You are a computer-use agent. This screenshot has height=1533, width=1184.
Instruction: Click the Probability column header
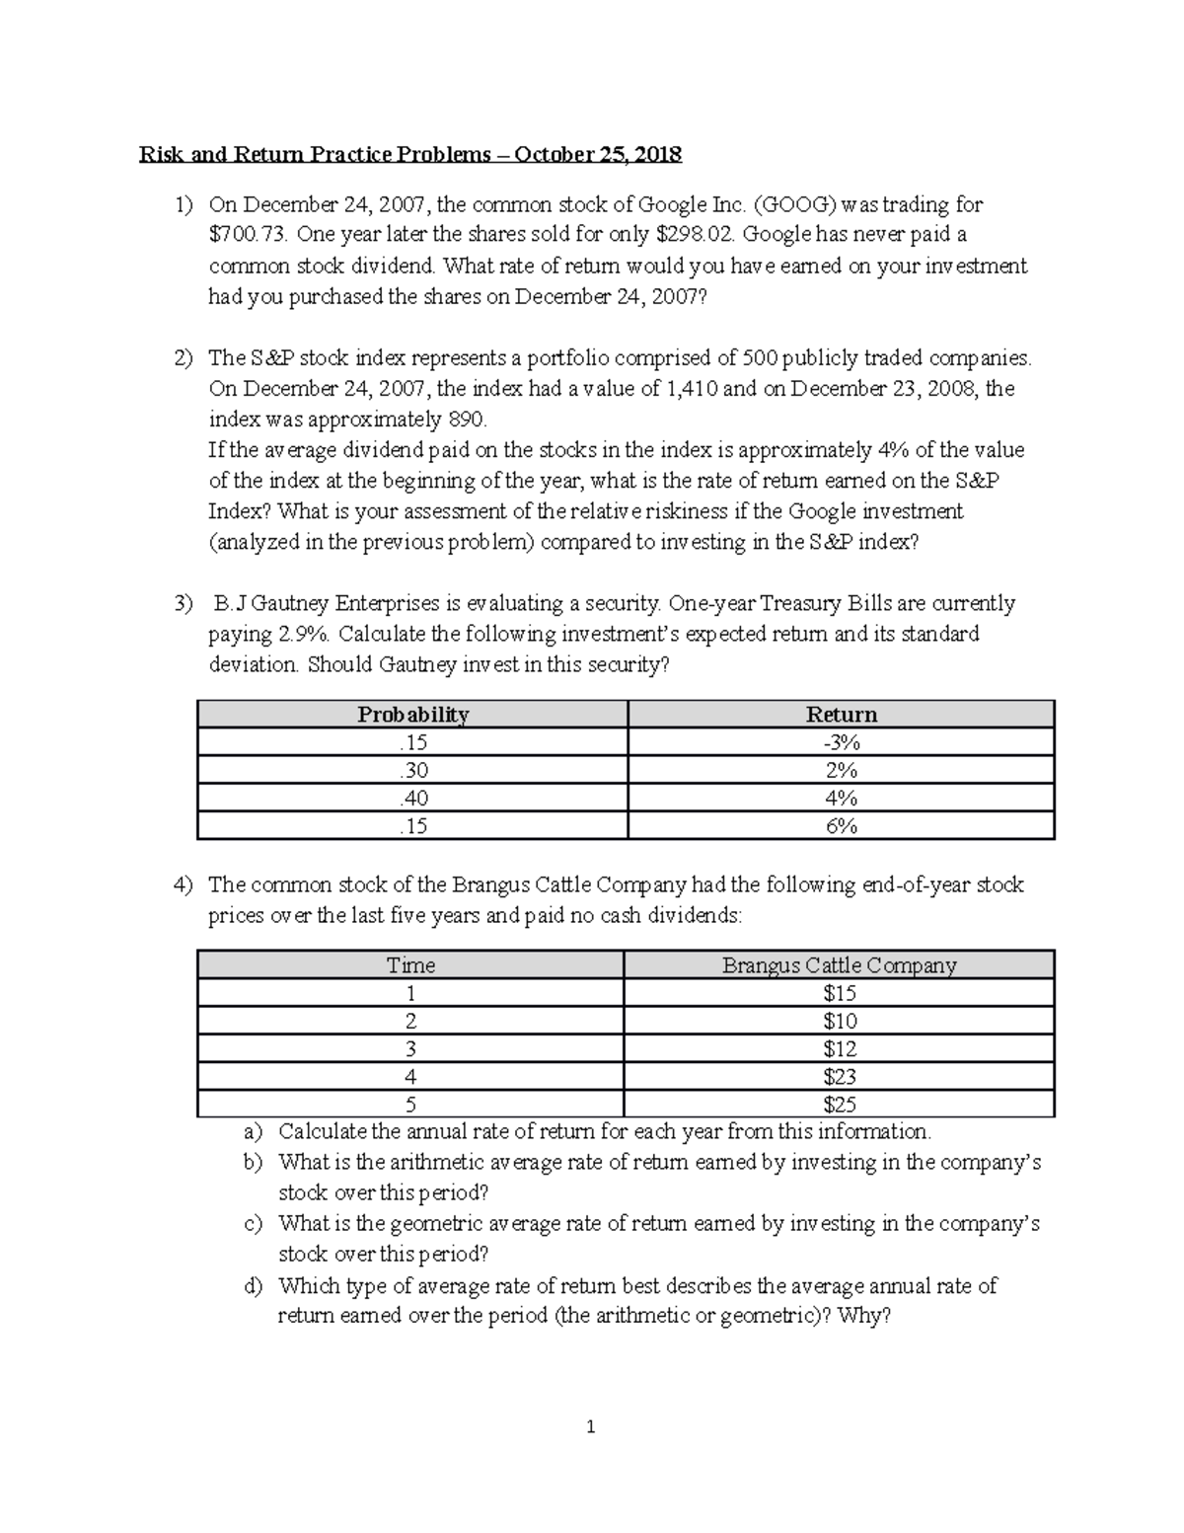[x=412, y=715]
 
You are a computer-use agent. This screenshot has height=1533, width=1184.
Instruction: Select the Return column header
[x=841, y=715]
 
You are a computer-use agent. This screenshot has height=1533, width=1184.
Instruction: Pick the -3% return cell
[x=841, y=742]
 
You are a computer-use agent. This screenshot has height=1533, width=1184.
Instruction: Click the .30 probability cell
[x=412, y=770]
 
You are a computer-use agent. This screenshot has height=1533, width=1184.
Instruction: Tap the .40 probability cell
[x=412, y=798]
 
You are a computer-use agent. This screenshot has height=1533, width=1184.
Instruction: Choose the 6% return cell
[x=841, y=825]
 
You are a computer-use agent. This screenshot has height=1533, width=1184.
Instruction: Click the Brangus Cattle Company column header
[x=839, y=964]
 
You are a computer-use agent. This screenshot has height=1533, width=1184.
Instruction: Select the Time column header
[x=410, y=964]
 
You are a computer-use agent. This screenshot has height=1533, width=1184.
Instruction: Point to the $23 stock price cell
[x=840, y=1076]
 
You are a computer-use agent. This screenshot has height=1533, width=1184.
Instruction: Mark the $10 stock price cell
[x=840, y=1021]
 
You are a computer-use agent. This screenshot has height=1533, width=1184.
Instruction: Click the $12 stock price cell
[x=840, y=1048]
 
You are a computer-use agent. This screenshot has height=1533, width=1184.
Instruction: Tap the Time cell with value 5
[x=410, y=1104]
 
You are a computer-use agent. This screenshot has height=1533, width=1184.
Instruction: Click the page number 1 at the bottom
[x=591, y=1426]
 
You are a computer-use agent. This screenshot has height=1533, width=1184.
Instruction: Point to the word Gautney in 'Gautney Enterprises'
[x=294, y=603]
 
